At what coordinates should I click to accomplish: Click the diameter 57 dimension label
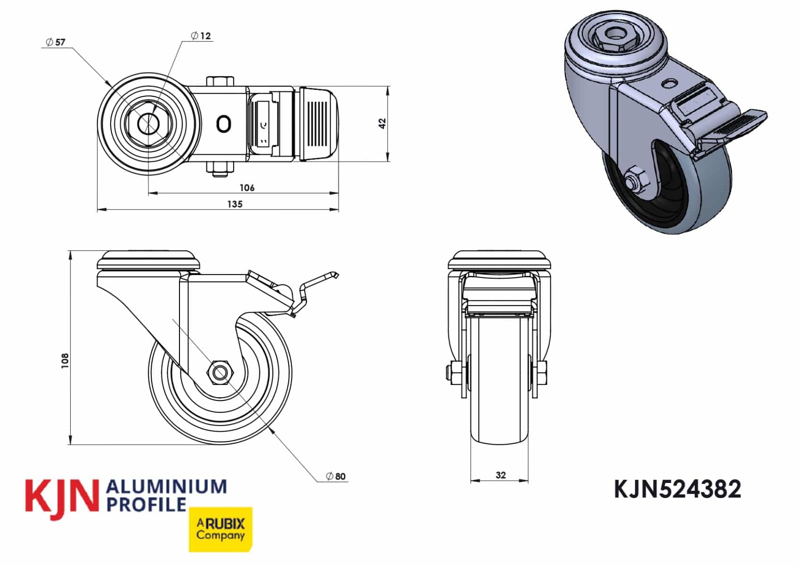pos(56,42)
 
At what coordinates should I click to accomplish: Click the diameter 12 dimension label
pos(201,36)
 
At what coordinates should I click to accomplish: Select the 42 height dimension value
pos(383,124)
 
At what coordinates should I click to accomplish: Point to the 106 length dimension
pos(247,188)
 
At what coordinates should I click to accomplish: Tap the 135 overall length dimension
pos(235,204)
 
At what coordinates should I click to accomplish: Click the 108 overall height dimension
pos(65,360)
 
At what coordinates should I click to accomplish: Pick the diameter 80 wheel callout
pos(336,476)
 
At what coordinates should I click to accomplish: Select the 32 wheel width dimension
pos(500,475)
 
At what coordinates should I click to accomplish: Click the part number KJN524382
pos(677,489)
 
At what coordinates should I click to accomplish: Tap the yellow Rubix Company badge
pos(220,529)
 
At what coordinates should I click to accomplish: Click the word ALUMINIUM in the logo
pos(167,487)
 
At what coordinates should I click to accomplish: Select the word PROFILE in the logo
pos(147,504)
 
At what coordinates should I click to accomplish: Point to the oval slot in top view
pos(223,124)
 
